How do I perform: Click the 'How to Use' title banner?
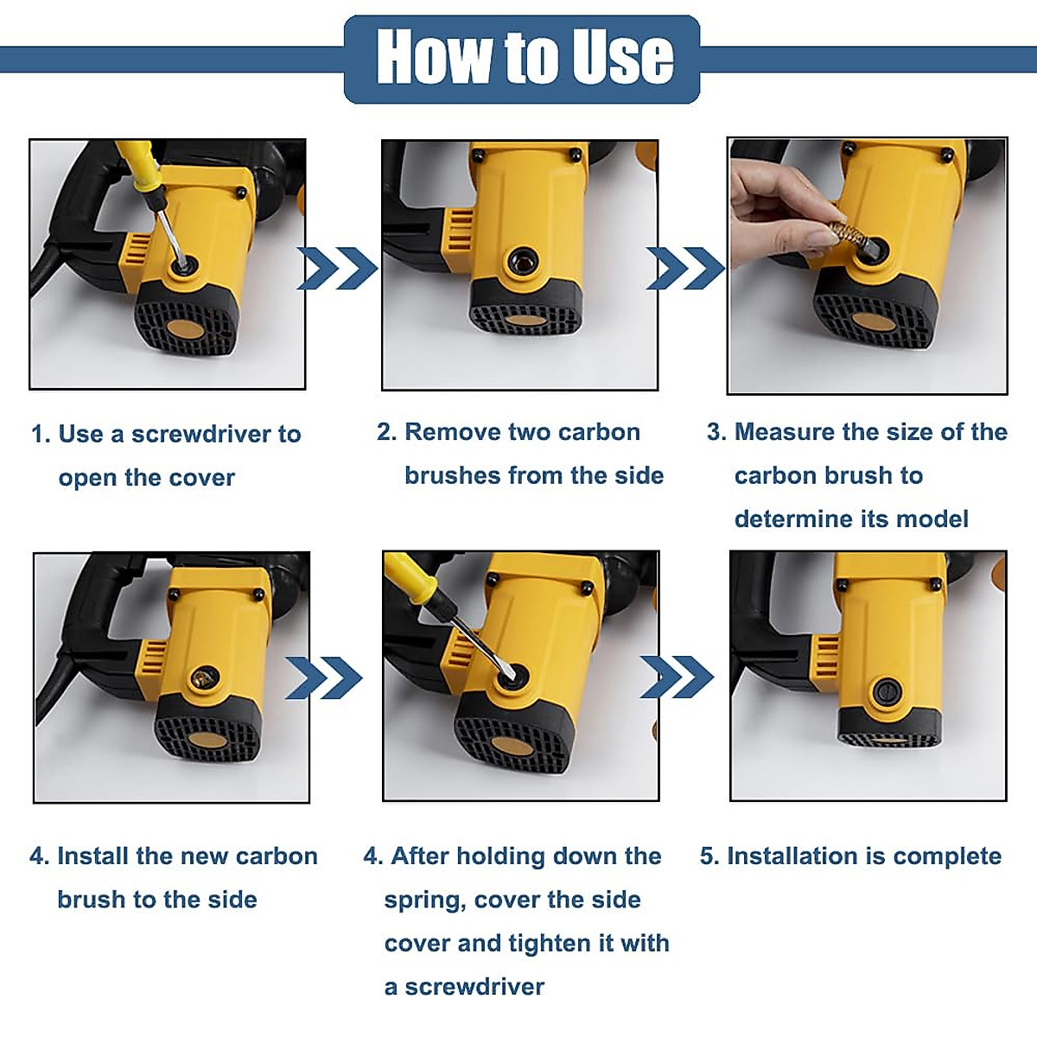521,60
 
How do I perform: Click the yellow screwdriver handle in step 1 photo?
137,171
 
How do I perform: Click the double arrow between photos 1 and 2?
338,269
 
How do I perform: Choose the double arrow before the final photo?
677,677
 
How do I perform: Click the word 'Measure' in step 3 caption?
787,432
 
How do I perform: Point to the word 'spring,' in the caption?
424,900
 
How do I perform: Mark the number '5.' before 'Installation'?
709,856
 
